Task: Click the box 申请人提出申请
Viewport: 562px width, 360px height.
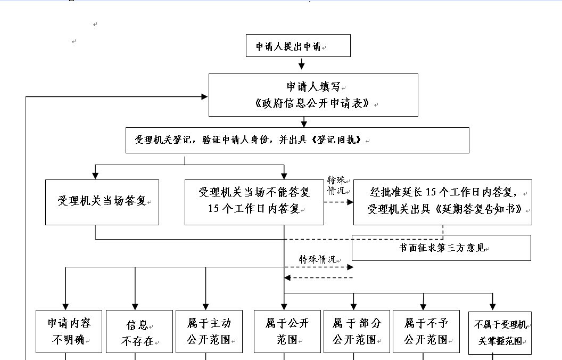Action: [298, 46]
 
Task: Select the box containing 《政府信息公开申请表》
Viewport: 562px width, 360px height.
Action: [313, 95]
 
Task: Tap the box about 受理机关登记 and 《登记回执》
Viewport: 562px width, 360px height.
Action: [297, 140]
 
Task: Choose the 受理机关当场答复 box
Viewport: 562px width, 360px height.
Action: [102, 202]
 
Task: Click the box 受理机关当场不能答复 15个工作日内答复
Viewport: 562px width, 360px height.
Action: [254, 202]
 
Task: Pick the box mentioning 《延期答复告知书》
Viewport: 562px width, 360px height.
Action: [442, 202]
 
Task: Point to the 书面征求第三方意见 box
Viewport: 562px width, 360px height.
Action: [441, 248]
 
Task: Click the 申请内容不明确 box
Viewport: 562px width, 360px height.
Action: [69, 331]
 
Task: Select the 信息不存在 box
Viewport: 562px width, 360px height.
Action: [139, 332]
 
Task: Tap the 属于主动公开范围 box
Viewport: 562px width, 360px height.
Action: [209, 331]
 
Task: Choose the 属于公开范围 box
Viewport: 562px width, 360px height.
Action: [287, 331]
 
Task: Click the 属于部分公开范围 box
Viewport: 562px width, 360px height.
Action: [357, 331]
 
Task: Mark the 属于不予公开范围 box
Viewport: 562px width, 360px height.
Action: [426, 331]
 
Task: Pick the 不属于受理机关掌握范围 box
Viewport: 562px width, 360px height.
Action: [500, 333]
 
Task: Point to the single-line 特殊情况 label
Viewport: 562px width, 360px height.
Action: [317, 259]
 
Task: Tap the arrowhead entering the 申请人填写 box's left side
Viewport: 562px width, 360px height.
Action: [204, 96]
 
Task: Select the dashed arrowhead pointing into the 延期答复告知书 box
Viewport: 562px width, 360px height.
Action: [350, 202]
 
